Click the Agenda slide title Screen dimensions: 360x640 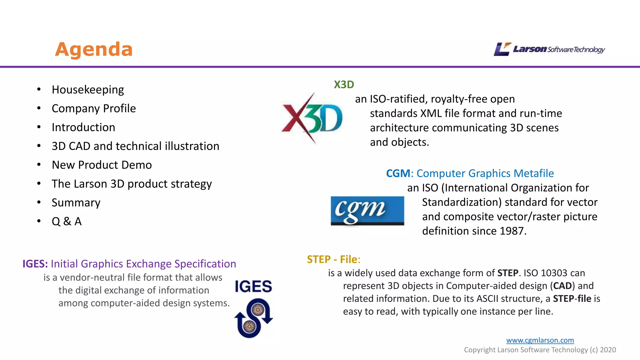coord(94,49)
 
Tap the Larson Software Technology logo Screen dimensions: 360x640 coord(549,49)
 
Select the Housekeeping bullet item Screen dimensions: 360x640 coord(88,90)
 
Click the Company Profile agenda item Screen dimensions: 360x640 coord(94,108)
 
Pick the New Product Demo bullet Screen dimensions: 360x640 coord(102,165)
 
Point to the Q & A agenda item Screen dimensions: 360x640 coord(67,221)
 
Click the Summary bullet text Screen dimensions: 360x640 coord(76,202)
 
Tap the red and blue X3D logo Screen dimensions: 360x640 coord(312,118)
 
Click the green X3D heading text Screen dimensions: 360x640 coord(344,85)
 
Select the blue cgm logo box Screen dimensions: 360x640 coord(367,211)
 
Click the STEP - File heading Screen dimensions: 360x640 coord(333,259)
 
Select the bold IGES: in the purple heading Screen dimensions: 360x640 coord(35,264)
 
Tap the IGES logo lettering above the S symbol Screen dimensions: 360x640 coord(253,287)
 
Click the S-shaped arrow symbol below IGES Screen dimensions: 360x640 coord(253,318)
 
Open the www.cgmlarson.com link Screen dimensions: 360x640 coord(540,340)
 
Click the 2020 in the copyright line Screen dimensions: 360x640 coord(608,350)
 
